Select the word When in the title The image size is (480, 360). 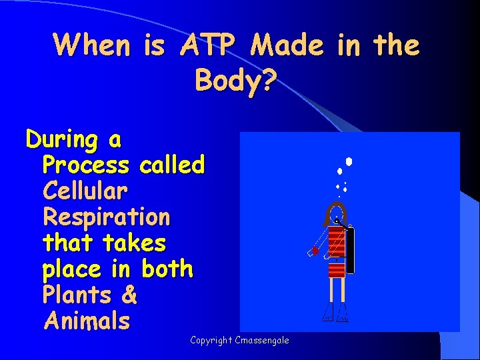[x=93, y=45]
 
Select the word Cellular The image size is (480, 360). [x=85, y=191]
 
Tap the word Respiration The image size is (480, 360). [x=106, y=217]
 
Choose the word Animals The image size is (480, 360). [x=87, y=321]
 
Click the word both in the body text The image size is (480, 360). [x=167, y=269]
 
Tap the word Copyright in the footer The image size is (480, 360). [x=211, y=341]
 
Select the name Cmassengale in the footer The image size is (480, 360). [x=263, y=341]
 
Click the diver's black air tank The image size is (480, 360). [x=350, y=250]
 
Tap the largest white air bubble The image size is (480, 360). [x=349, y=161]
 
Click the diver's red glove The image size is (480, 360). [x=314, y=251]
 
